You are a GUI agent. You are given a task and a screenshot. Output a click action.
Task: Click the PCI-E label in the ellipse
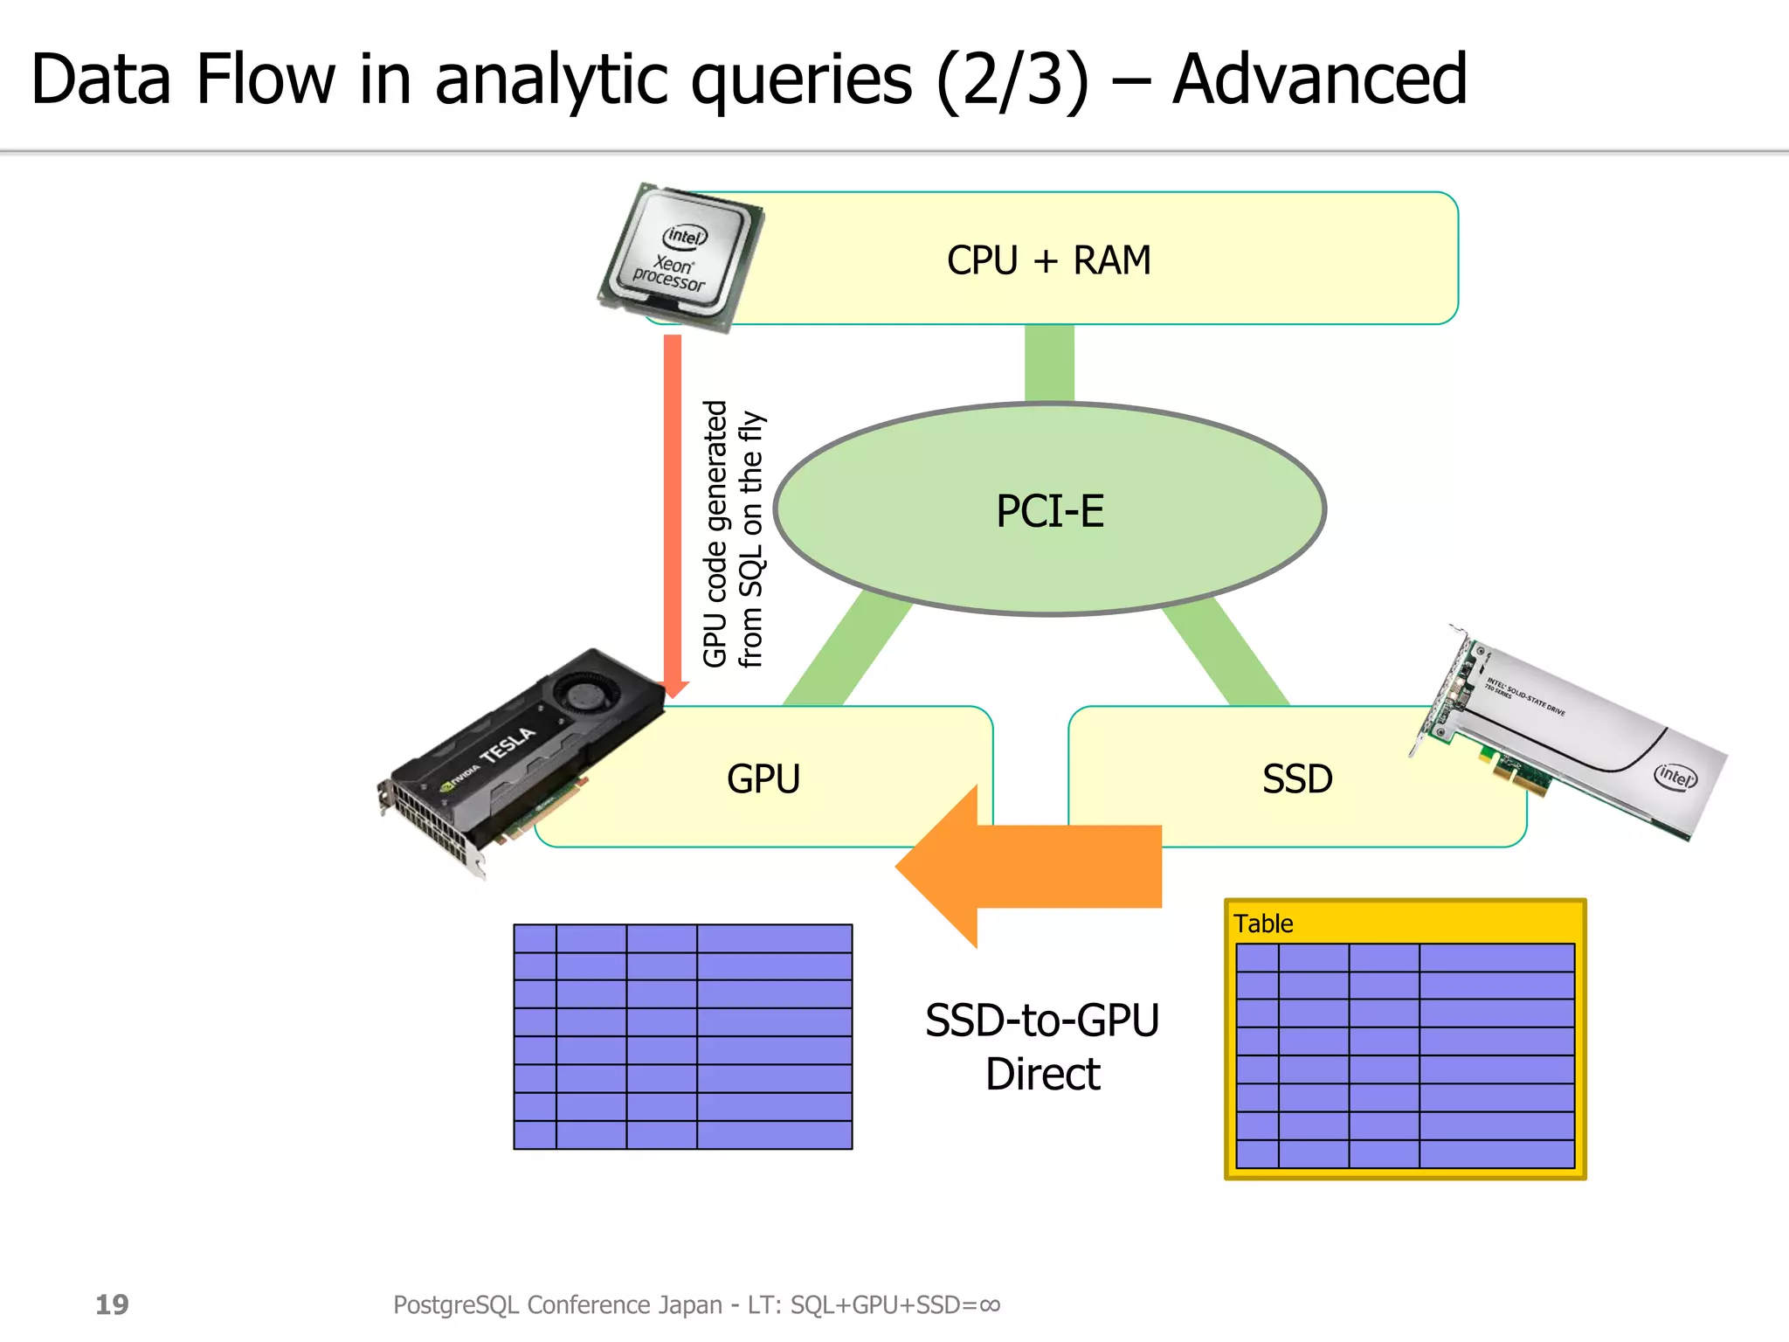(x=1050, y=511)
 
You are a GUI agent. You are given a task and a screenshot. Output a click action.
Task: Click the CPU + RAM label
(x=1048, y=260)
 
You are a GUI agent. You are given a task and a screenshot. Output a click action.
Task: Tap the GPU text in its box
(x=763, y=778)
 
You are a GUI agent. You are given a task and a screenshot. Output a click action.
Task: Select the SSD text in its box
(x=1297, y=778)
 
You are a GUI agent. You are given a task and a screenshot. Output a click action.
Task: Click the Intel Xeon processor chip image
(x=680, y=256)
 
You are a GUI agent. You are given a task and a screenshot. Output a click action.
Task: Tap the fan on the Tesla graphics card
(x=580, y=695)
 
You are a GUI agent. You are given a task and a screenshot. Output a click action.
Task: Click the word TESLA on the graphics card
(x=508, y=744)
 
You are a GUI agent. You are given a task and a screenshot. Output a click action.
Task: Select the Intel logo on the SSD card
(x=1675, y=775)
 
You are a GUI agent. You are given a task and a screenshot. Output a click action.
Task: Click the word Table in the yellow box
(x=1263, y=923)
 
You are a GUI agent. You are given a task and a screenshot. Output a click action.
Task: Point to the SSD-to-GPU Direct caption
(x=1042, y=1047)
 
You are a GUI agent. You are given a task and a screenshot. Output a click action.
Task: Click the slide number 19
(x=112, y=1304)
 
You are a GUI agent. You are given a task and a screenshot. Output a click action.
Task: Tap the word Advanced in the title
(x=1319, y=80)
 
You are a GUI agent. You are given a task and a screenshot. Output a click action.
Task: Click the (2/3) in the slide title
(x=1013, y=81)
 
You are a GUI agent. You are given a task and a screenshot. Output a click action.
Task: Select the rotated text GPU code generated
(x=715, y=533)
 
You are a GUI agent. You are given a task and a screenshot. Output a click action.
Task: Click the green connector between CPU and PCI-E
(x=1049, y=363)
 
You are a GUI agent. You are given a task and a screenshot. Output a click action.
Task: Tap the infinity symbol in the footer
(x=990, y=1304)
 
